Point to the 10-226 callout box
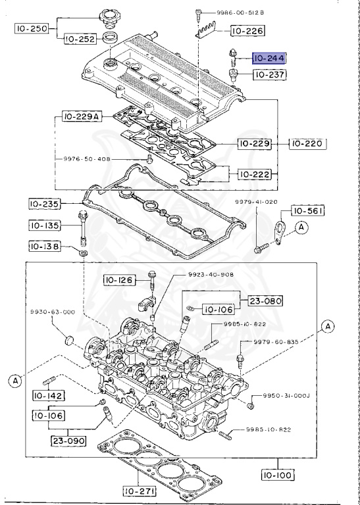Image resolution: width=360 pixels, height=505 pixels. pyautogui.click(x=246, y=30)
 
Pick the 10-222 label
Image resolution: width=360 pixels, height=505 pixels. pyautogui.click(x=253, y=174)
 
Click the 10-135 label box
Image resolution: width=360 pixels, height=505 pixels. pyautogui.click(x=45, y=226)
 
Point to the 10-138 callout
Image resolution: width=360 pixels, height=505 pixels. pyautogui.click(x=45, y=247)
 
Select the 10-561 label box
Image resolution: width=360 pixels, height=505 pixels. pyautogui.click(x=307, y=211)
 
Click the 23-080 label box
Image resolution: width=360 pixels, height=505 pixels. pyautogui.click(x=265, y=301)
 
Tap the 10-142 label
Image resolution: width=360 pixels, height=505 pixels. pyautogui.click(x=48, y=396)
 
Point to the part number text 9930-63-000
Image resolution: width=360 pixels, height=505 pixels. pyautogui.click(x=51, y=312)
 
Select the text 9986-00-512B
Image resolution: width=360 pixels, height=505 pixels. pyautogui.click(x=235, y=12)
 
